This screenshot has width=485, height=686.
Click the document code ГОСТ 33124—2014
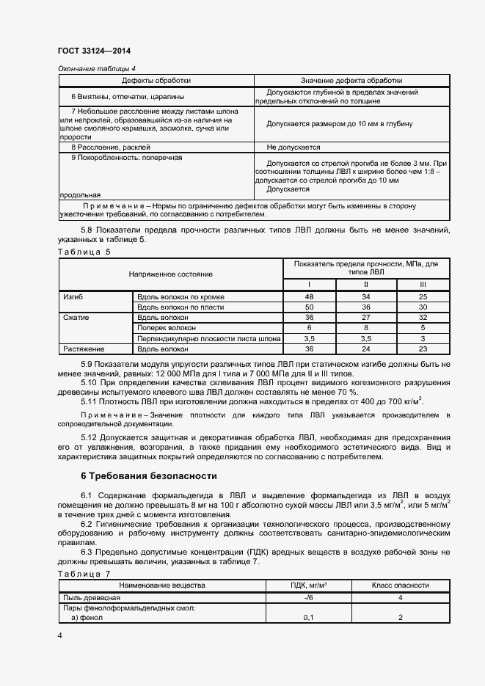point(94,51)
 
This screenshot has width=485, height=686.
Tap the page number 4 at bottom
point(60,634)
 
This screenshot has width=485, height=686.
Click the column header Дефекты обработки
point(156,81)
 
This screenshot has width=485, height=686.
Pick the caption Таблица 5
point(84,252)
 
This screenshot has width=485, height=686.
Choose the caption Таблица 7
point(84,573)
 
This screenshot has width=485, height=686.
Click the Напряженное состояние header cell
point(170,274)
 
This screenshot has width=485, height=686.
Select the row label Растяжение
point(84,349)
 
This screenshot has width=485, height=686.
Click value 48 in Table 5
point(309,296)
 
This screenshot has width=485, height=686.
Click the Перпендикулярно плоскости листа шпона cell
point(208,339)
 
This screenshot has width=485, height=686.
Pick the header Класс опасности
point(401,585)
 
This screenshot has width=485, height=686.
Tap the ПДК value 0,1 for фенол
point(308,618)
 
